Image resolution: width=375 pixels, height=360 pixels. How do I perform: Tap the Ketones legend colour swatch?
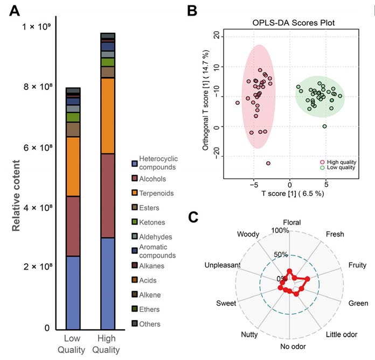[135, 222]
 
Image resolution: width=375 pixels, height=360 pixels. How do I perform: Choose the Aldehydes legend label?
[156, 237]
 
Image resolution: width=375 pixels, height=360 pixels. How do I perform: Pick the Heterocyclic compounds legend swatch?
[135, 163]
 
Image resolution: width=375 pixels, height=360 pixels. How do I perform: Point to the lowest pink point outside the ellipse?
[268, 164]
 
